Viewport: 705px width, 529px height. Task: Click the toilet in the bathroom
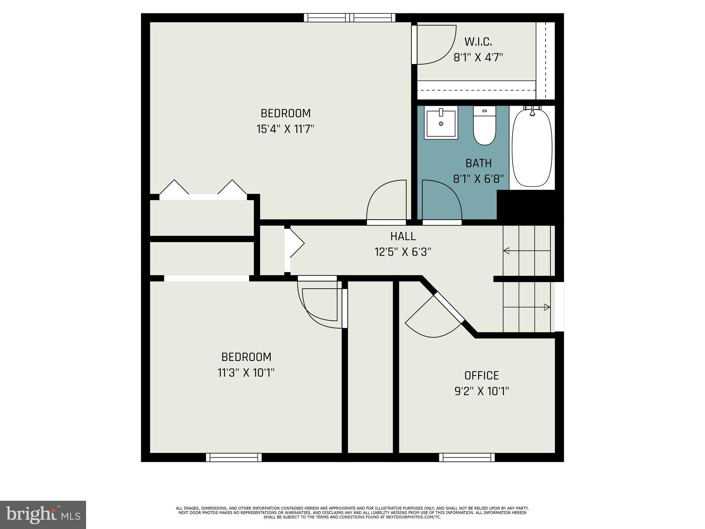pos(484,126)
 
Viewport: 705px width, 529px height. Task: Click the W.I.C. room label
pos(478,42)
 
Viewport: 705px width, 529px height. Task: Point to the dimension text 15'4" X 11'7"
pos(285,129)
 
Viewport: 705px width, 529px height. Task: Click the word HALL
pos(403,236)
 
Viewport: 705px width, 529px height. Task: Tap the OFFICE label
pos(481,375)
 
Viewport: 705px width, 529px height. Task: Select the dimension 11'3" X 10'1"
pos(246,373)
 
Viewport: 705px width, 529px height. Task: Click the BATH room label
pos(478,163)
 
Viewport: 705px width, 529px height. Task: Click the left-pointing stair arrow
pos(506,251)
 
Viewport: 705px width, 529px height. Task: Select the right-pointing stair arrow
pos(547,307)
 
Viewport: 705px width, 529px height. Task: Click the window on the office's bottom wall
pos(467,457)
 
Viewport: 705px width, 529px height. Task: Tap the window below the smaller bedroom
pos(234,457)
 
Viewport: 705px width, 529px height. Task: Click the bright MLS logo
pos(43,515)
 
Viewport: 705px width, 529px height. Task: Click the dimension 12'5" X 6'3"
pos(403,252)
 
